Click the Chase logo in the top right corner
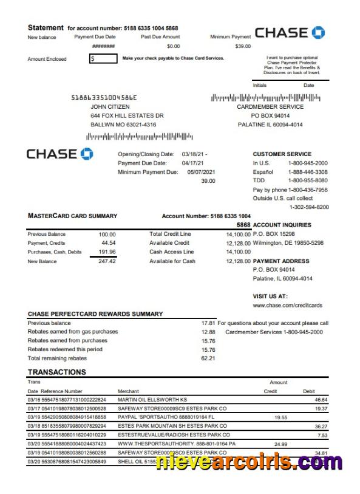[x=290, y=33]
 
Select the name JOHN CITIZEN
[x=110, y=106]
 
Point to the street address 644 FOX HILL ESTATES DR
[x=127, y=115]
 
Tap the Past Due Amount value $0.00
[x=173, y=46]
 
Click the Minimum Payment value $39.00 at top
[x=242, y=46]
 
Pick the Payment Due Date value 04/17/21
[x=193, y=163]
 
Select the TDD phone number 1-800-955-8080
[x=307, y=180]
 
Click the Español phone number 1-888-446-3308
[x=307, y=172]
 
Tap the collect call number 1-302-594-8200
[x=309, y=207]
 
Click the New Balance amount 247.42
[x=107, y=261]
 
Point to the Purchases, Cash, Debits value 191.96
[x=107, y=252]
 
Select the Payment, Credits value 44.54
[x=109, y=243]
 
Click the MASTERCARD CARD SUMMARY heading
[x=72, y=216]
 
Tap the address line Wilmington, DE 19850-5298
[x=288, y=243]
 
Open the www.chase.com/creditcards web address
[x=287, y=305]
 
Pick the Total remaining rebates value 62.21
[x=208, y=358]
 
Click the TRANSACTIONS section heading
[x=57, y=372]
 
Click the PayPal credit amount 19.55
[x=280, y=417]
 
